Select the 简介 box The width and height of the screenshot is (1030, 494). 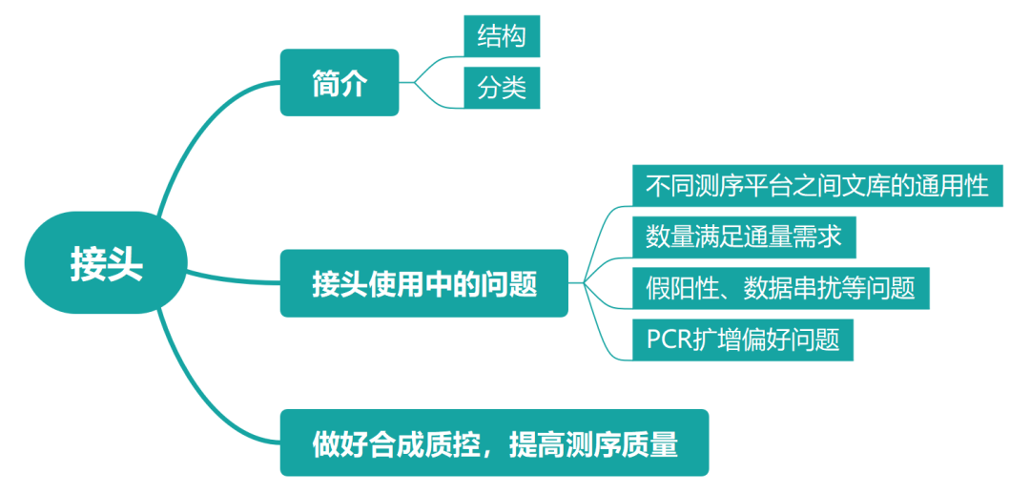339,83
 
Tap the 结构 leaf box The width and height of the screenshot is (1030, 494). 502,35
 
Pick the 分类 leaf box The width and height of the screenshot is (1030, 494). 502,89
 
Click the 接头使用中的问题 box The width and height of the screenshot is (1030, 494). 423,283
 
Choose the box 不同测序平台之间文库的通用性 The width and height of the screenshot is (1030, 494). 817,185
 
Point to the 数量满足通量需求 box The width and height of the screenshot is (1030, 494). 744,237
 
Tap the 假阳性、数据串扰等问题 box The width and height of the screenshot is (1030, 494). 780,288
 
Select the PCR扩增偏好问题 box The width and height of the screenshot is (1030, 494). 743,340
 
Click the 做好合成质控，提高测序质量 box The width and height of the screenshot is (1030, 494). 494,443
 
